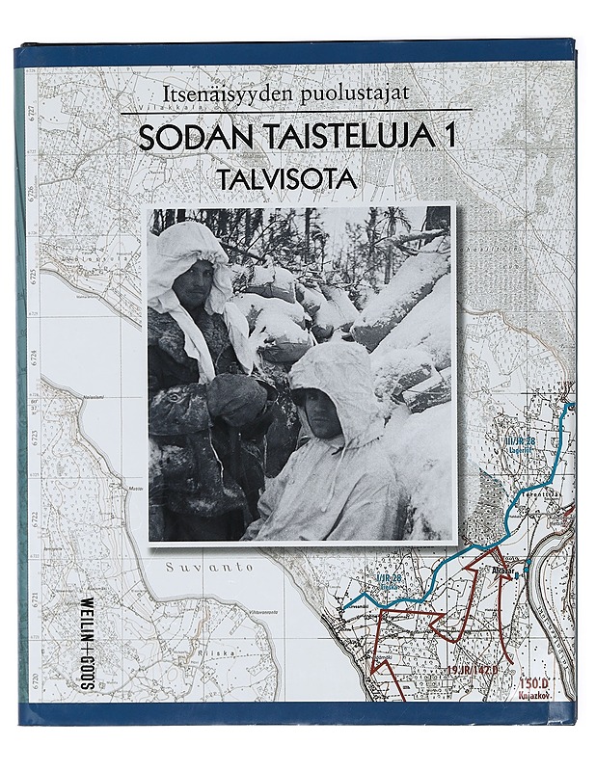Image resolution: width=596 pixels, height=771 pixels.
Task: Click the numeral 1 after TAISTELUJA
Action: coord(448,137)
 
